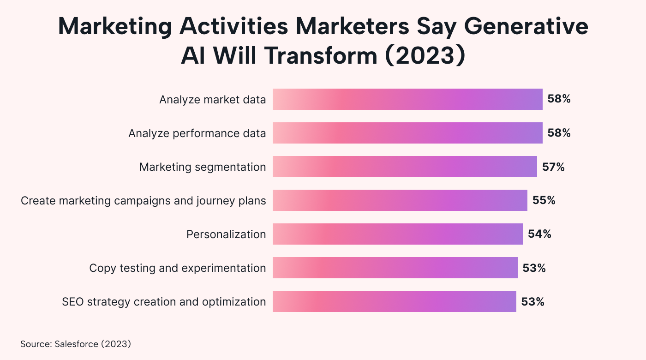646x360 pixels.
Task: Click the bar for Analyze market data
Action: pos(407,99)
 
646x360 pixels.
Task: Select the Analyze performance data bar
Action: pos(407,133)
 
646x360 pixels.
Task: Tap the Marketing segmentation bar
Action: pos(405,167)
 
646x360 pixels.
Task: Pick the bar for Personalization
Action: pos(397,234)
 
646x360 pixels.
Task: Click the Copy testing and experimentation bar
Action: pos(395,268)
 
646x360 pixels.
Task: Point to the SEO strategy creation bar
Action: pos(394,301)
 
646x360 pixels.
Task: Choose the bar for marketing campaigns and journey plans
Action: pos(400,200)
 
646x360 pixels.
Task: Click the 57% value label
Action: pos(553,167)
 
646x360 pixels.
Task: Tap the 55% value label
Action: pos(544,200)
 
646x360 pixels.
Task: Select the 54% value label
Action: pos(539,234)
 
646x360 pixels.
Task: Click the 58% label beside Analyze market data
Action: pos(559,99)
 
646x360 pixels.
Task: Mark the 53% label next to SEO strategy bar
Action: pos(532,301)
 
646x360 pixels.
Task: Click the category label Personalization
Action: pos(226,234)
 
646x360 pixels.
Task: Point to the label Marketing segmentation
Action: pos(203,167)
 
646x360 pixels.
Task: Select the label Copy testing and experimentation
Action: pos(177,268)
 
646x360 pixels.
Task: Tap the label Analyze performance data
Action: pos(197,133)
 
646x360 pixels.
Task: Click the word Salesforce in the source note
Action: pos(76,344)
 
